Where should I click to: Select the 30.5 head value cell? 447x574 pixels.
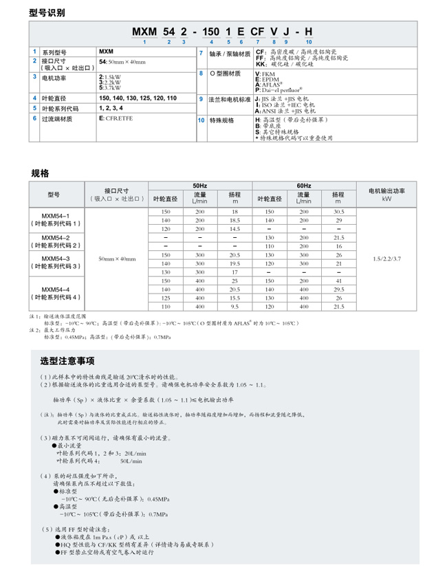click(x=338, y=211)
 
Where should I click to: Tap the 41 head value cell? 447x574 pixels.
click(x=338, y=281)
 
